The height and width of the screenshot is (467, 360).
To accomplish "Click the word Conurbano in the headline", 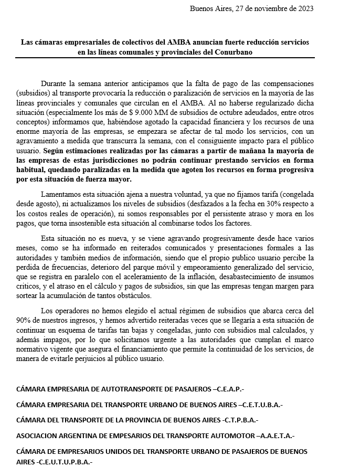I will coord(231,52).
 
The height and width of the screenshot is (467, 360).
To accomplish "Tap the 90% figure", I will coord(24,320).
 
